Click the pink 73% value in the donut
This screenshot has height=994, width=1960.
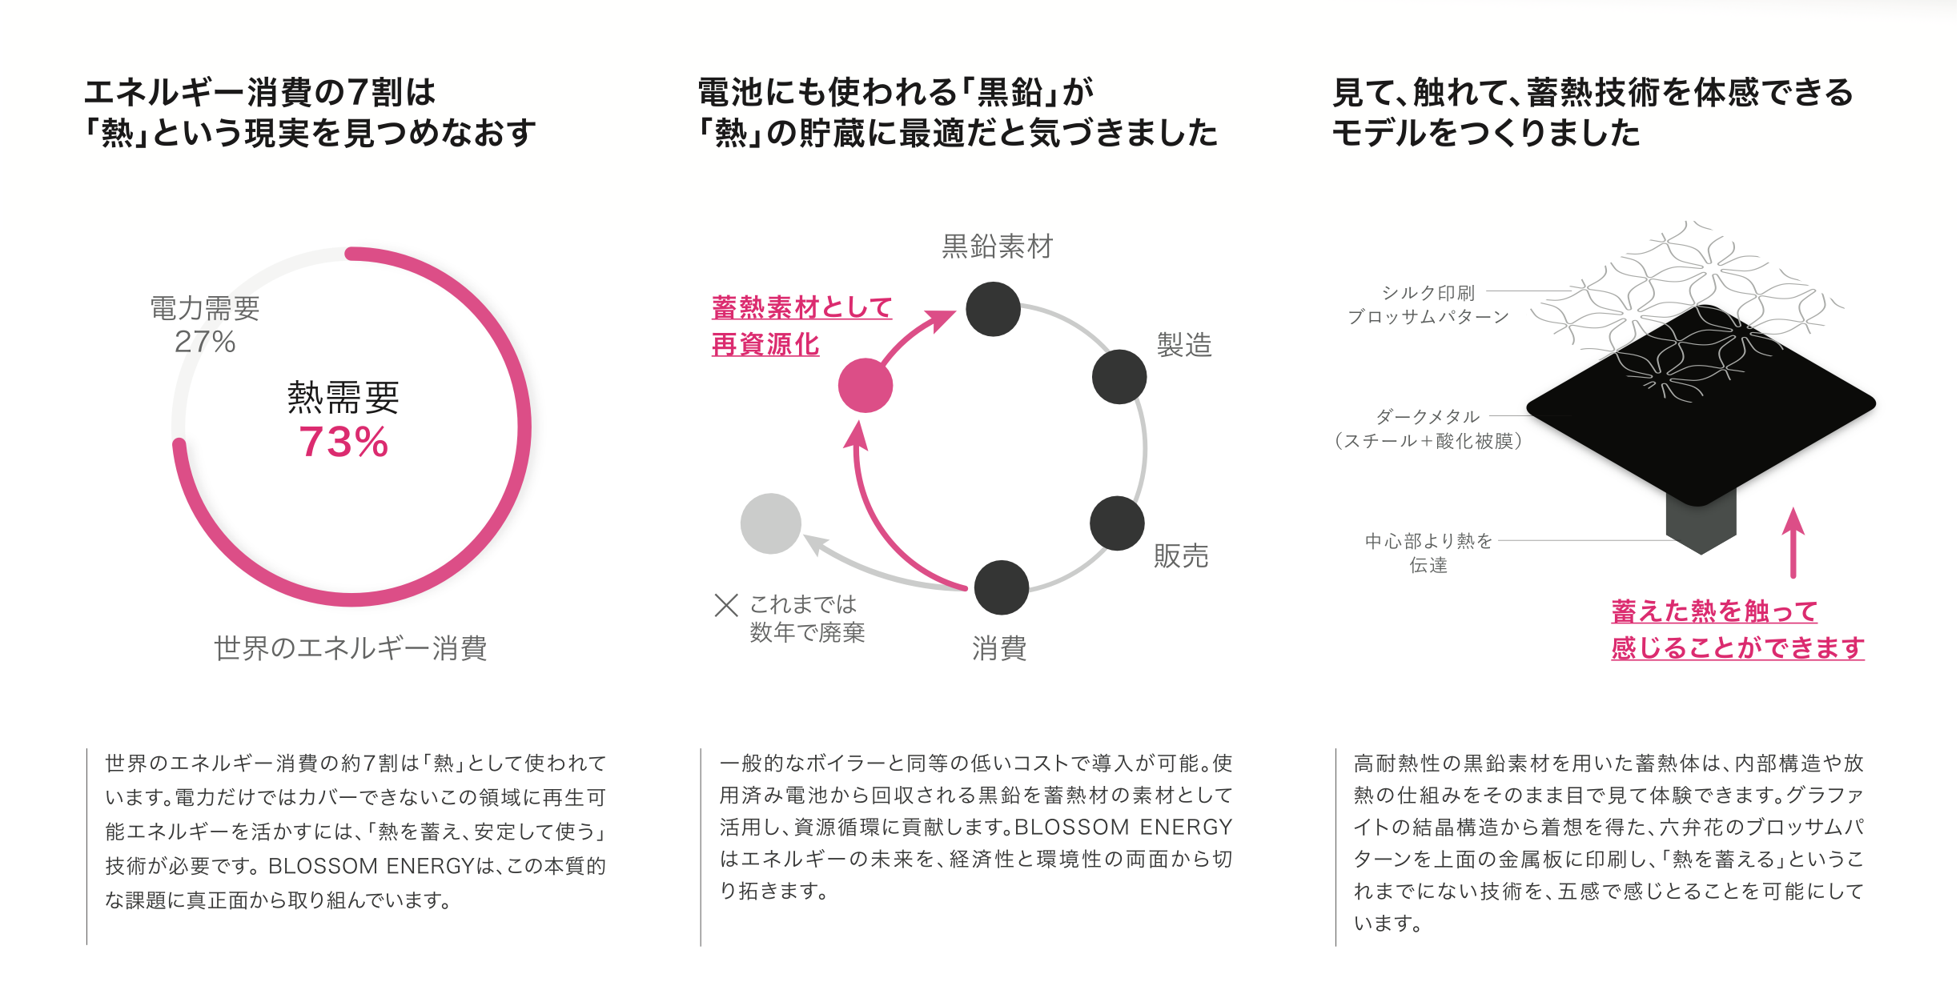click(x=343, y=442)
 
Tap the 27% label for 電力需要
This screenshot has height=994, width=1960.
click(x=205, y=342)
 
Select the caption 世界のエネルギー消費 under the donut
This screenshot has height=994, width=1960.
click(x=350, y=648)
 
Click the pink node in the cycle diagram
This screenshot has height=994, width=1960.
click(x=865, y=386)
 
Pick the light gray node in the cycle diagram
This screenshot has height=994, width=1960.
click(x=770, y=524)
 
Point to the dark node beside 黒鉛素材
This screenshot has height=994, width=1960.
click(x=993, y=309)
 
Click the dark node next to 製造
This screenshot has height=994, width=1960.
click(x=1119, y=377)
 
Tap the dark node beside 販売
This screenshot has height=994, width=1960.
click(x=1117, y=523)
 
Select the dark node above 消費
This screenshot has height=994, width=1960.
click(x=1001, y=587)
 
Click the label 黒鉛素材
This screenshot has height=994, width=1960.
click(x=997, y=246)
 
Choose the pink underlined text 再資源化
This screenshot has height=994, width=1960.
click(x=765, y=345)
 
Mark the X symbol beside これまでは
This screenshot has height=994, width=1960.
click(x=725, y=605)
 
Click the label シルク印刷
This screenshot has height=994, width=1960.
click(x=1428, y=293)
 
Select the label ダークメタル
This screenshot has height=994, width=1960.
click(x=1428, y=417)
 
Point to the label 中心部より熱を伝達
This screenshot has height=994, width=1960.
click(x=1428, y=552)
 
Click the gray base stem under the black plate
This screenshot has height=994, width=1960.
click(x=1701, y=524)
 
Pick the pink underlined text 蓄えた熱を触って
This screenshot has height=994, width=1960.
click(x=1714, y=611)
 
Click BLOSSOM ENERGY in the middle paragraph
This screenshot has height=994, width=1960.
click(x=1123, y=827)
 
